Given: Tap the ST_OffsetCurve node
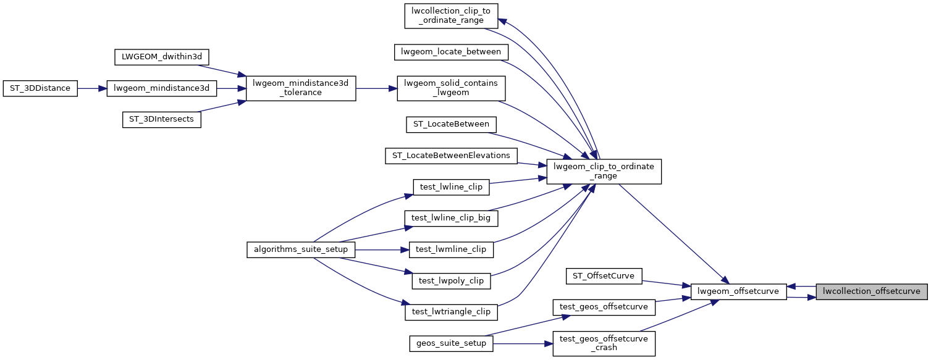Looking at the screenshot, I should [604, 276].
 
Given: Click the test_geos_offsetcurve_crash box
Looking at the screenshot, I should [604, 343].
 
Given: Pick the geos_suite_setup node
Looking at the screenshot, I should [451, 343].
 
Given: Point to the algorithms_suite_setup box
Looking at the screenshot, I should [301, 249].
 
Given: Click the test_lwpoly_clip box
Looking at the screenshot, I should [451, 281].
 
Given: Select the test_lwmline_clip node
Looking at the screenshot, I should [451, 249].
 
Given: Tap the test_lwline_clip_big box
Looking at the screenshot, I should [451, 218].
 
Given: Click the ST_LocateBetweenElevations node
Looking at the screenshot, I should [451, 156].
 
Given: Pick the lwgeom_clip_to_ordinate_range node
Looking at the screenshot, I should [604, 171].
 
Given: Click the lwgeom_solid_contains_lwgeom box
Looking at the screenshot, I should [451, 88].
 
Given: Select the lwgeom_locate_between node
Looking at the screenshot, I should [451, 52].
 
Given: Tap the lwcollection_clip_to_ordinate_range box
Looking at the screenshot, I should [451, 15].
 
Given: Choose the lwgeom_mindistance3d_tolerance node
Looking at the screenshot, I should [301, 88].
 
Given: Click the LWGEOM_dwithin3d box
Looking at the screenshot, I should [162, 57].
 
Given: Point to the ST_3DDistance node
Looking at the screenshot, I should [40, 88].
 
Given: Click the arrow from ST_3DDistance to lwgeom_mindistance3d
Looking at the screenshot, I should [93, 88].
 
